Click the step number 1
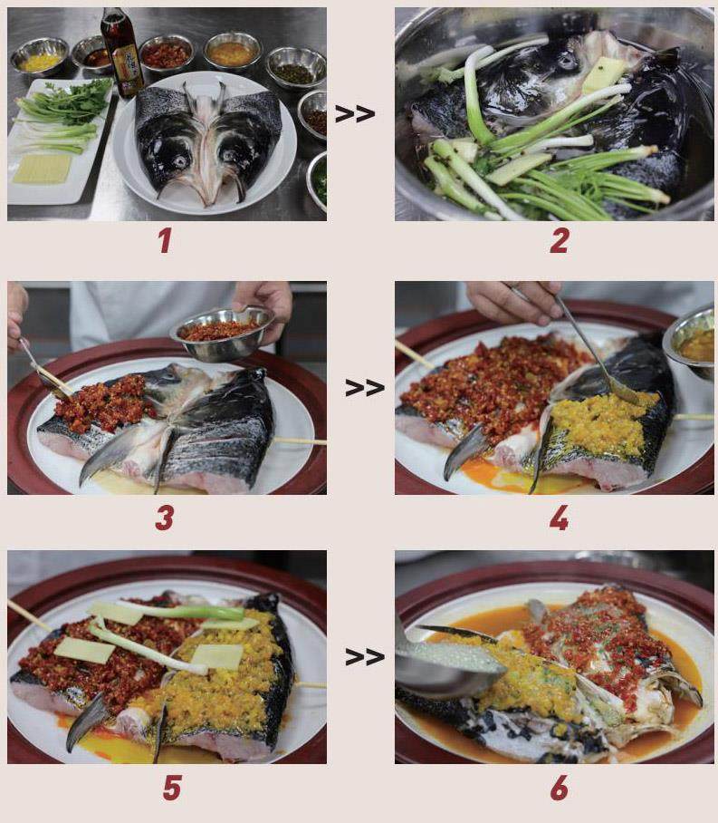[165, 241]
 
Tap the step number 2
[560, 241]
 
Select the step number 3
[165, 518]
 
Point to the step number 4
[559, 518]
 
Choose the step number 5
[172, 788]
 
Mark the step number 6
[559, 788]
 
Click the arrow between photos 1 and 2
[355, 114]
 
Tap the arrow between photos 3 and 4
[365, 388]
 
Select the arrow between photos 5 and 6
[365, 656]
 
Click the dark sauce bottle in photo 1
[121, 53]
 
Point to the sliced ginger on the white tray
[42, 169]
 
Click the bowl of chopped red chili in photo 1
[167, 53]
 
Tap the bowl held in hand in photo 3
[221, 334]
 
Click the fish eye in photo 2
[567, 62]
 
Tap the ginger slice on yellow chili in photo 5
[217, 656]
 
